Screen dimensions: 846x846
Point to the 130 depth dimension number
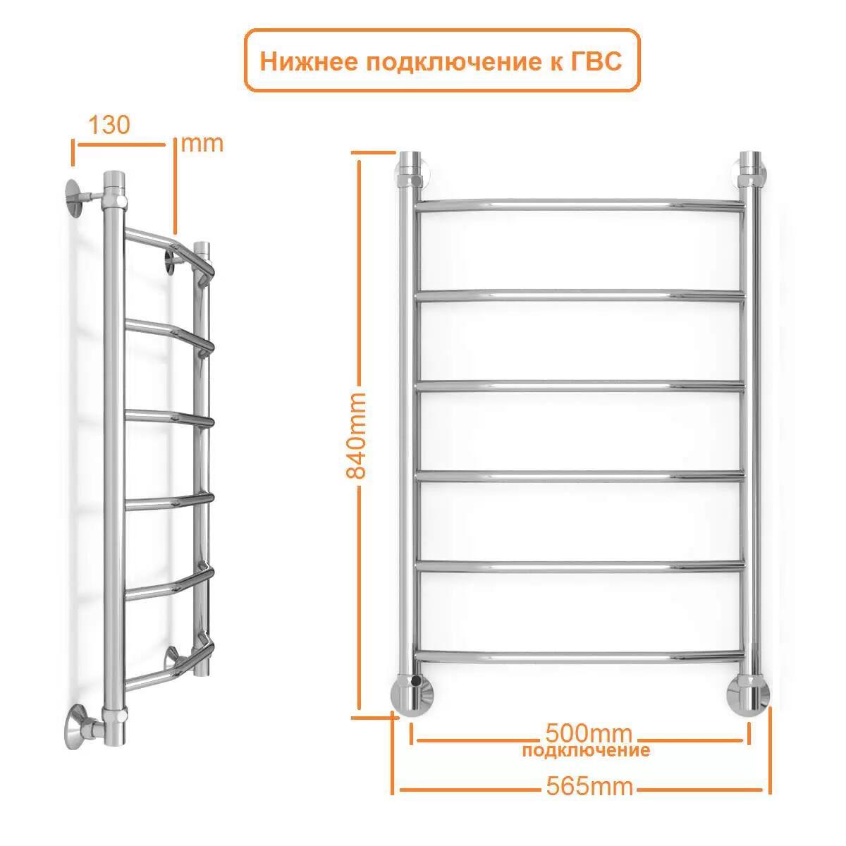coord(109,125)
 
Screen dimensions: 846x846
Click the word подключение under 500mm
coord(586,749)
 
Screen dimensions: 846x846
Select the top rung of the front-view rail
coord(580,205)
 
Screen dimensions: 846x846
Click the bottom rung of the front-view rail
coord(580,655)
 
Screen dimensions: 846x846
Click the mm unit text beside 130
coord(202,143)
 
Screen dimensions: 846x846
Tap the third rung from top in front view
coord(580,386)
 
